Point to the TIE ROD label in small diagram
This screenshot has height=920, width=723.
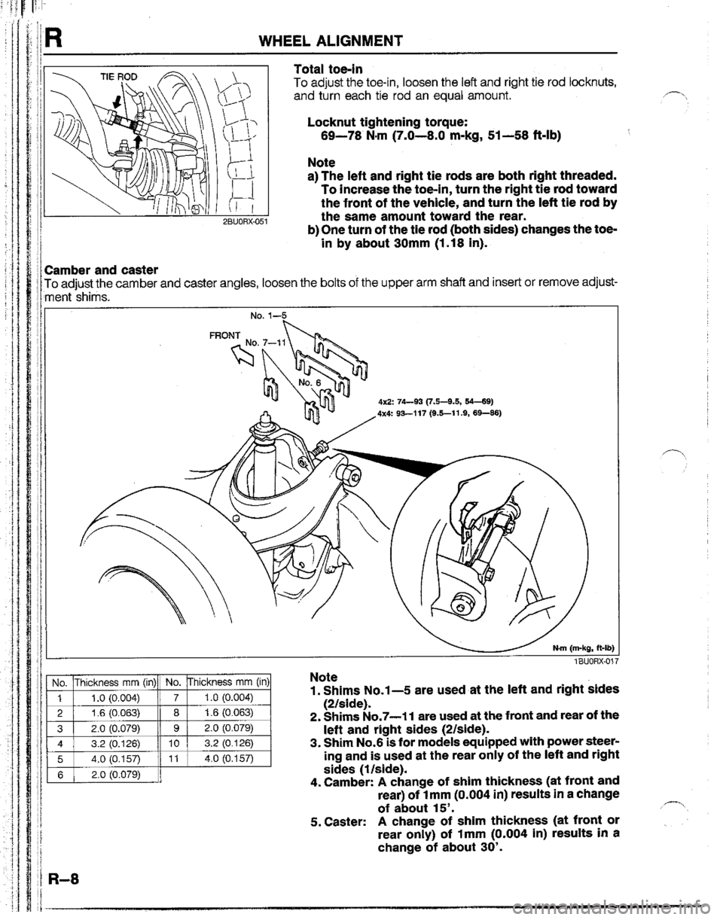tap(118, 77)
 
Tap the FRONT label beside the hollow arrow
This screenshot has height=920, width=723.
tap(224, 335)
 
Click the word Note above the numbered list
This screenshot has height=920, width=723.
tap(324, 677)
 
